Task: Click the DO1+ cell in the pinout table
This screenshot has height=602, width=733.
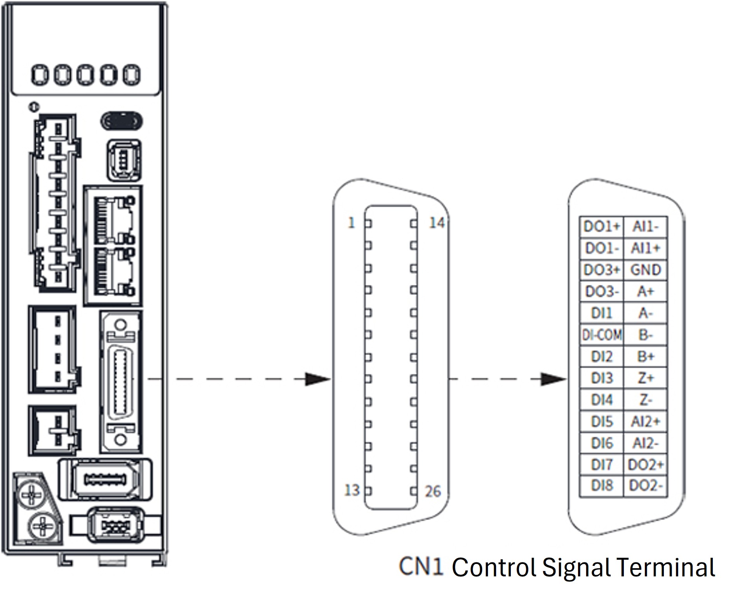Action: point(601,227)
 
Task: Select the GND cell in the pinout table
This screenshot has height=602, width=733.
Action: point(645,270)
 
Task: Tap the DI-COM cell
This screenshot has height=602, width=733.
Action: point(602,335)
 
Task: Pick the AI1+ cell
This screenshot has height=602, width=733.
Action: point(645,248)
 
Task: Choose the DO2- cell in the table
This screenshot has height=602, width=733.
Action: point(645,486)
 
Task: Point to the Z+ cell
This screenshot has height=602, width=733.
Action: point(645,378)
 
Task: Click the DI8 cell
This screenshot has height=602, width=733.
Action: point(602,486)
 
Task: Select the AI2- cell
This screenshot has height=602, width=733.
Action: point(645,443)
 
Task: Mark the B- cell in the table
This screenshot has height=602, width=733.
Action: point(645,335)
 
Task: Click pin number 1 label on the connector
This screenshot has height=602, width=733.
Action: point(351,223)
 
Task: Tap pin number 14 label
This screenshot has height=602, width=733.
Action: point(436,223)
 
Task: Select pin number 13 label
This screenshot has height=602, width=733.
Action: point(352,490)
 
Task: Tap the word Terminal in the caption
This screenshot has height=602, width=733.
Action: point(665,567)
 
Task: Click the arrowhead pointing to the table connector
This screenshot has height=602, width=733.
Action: point(554,379)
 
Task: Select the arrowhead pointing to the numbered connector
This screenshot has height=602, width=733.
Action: point(318,379)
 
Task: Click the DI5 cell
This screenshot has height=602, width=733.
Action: point(602,421)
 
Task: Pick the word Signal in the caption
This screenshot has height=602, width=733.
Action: point(576,568)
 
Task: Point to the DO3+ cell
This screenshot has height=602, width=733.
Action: point(602,270)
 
